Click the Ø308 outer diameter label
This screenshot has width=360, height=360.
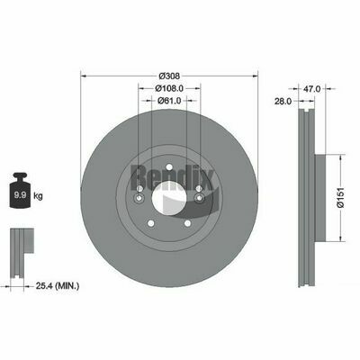coord(169,76)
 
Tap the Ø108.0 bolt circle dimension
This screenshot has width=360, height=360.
coord(169,88)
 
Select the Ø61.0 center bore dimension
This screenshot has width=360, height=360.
coord(169,101)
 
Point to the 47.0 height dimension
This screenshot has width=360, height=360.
coord(312,88)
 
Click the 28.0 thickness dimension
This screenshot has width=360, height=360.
coord(283,102)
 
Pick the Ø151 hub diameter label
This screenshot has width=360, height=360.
coord(340,197)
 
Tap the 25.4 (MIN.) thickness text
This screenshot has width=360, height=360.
coord(58,286)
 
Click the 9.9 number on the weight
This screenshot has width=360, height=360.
coord(21,195)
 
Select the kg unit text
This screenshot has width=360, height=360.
coord(38,196)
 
